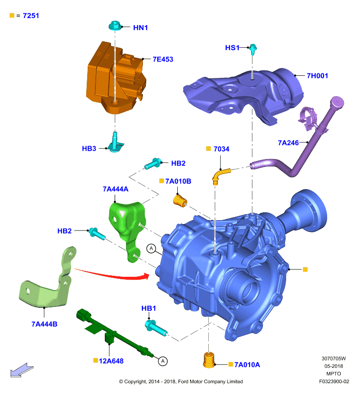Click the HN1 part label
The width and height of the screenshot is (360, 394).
[x=140, y=28]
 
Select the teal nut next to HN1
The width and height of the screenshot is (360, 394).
[x=115, y=26]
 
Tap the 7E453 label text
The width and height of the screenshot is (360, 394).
[x=163, y=59]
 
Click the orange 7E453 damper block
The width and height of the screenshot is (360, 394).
[x=116, y=78]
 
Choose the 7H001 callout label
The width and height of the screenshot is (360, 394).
[x=317, y=76]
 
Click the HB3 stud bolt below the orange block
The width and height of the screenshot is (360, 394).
[x=115, y=142]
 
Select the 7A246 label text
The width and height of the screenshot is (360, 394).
[x=288, y=143]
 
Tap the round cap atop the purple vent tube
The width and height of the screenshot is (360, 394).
[x=337, y=102]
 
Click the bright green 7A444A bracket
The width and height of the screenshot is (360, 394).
[x=128, y=230]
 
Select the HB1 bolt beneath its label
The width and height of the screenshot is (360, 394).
[x=156, y=328]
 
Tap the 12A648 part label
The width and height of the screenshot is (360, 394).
[x=111, y=361]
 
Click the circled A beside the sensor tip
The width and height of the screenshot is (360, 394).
[x=163, y=361]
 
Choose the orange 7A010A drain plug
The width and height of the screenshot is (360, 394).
[x=209, y=360]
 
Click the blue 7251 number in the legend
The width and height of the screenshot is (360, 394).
[x=31, y=16]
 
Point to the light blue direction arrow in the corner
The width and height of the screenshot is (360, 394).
[x=22, y=370]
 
